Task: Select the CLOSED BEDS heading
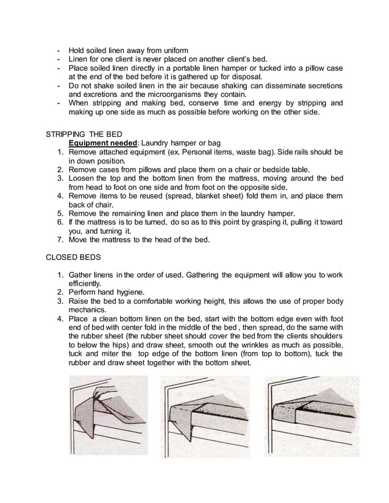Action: (x=72, y=257)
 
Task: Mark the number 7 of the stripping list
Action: (x=60, y=239)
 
